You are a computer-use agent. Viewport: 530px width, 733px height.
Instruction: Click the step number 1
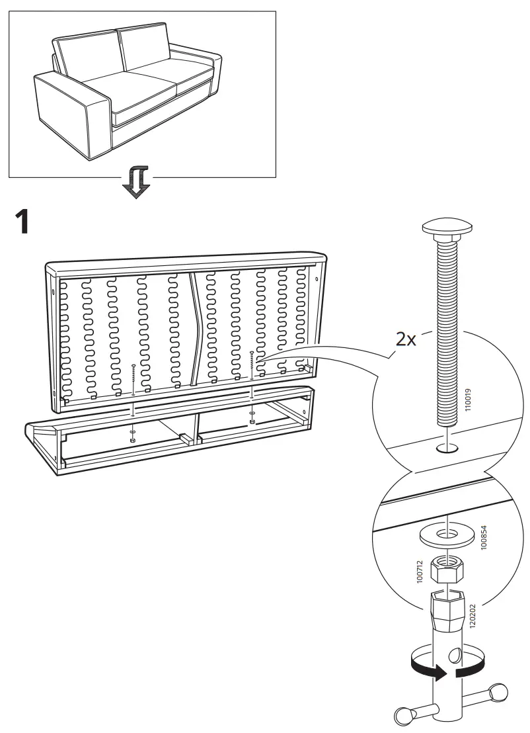click(x=22, y=222)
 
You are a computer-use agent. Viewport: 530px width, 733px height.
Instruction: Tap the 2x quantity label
click(x=405, y=339)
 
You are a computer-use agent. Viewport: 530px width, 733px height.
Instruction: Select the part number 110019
click(x=468, y=400)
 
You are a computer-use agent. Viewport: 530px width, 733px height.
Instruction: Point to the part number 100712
click(x=419, y=572)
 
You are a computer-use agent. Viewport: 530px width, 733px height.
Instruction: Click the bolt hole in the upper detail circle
click(x=447, y=449)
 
